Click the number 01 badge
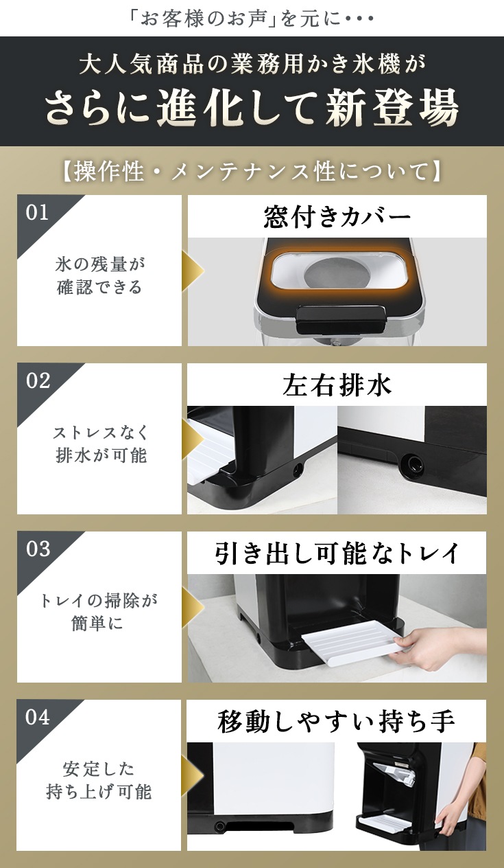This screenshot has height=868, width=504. click(x=37, y=212)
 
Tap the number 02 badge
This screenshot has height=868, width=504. click(x=38, y=380)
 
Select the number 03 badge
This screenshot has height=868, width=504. click(x=38, y=549)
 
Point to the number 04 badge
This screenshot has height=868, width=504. click(x=38, y=717)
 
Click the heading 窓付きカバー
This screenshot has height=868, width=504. click(x=337, y=216)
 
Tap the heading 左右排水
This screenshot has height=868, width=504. click(x=337, y=385)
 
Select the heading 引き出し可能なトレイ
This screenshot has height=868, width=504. click(x=337, y=553)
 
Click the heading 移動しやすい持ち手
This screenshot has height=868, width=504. click(x=336, y=722)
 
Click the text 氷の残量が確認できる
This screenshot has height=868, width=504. click(x=99, y=276)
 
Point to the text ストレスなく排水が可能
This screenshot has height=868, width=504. click(x=100, y=444)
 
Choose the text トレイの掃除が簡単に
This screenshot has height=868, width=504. click(x=98, y=613)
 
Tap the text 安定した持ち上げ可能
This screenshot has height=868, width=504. click(x=99, y=780)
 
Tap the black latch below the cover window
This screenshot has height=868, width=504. click(x=341, y=319)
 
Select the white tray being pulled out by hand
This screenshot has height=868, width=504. click(x=350, y=643)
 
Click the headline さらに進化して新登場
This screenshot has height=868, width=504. click(x=252, y=108)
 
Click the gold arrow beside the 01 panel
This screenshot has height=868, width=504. click(x=192, y=271)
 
